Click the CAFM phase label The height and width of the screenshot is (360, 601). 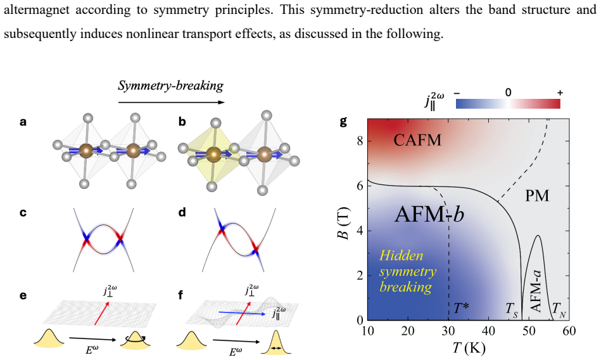coord(417,140)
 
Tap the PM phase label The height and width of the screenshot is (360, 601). coord(537,196)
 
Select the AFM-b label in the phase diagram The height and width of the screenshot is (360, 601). coord(429,214)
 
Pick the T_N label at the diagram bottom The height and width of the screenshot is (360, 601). coord(559,309)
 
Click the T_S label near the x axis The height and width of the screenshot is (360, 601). coord(512,309)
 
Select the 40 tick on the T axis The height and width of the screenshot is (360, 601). coord(488,330)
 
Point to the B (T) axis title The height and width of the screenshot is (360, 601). coord(345,223)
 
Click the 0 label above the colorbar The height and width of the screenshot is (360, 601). coord(508,92)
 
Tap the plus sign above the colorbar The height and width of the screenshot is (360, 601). coord(560,93)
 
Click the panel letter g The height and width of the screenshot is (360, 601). coord(343,122)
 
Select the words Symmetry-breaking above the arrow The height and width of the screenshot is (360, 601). coord(170,86)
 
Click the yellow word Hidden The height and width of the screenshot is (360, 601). coord(402,255)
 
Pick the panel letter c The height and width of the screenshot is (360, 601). coord(23,212)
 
